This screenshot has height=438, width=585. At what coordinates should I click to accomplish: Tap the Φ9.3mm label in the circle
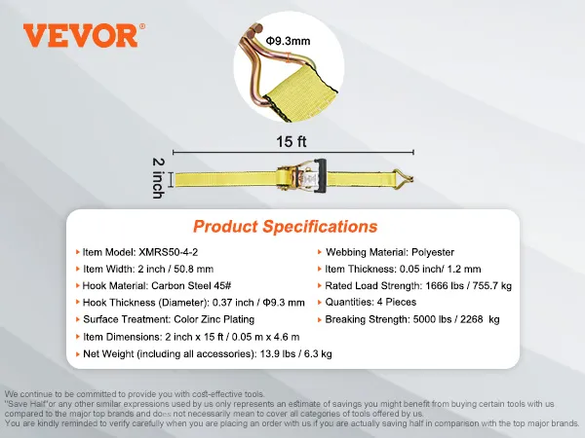[x=288, y=41]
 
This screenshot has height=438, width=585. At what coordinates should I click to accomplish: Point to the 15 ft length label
[x=292, y=141]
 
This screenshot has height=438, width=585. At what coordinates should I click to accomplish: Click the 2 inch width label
[x=159, y=178]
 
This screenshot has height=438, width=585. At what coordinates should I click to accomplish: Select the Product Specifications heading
[x=286, y=227]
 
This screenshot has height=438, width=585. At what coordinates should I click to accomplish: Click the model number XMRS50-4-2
[x=169, y=252]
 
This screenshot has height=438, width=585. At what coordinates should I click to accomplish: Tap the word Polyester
[x=433, y=252]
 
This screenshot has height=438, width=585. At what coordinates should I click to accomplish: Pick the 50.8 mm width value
[x=194, y=269]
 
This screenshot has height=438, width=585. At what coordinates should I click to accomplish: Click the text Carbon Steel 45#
[x=191, y=285]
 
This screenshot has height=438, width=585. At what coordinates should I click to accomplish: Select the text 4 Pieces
[x=397, y=302]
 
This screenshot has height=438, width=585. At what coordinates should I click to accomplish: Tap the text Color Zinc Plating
[x=214, y=319]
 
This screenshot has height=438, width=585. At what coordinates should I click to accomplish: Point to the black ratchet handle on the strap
[x=320, y=176]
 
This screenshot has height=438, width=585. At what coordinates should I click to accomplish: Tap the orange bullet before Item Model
[x=78, y=252]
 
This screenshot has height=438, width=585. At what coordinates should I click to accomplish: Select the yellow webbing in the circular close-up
[x=302, y=92]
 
